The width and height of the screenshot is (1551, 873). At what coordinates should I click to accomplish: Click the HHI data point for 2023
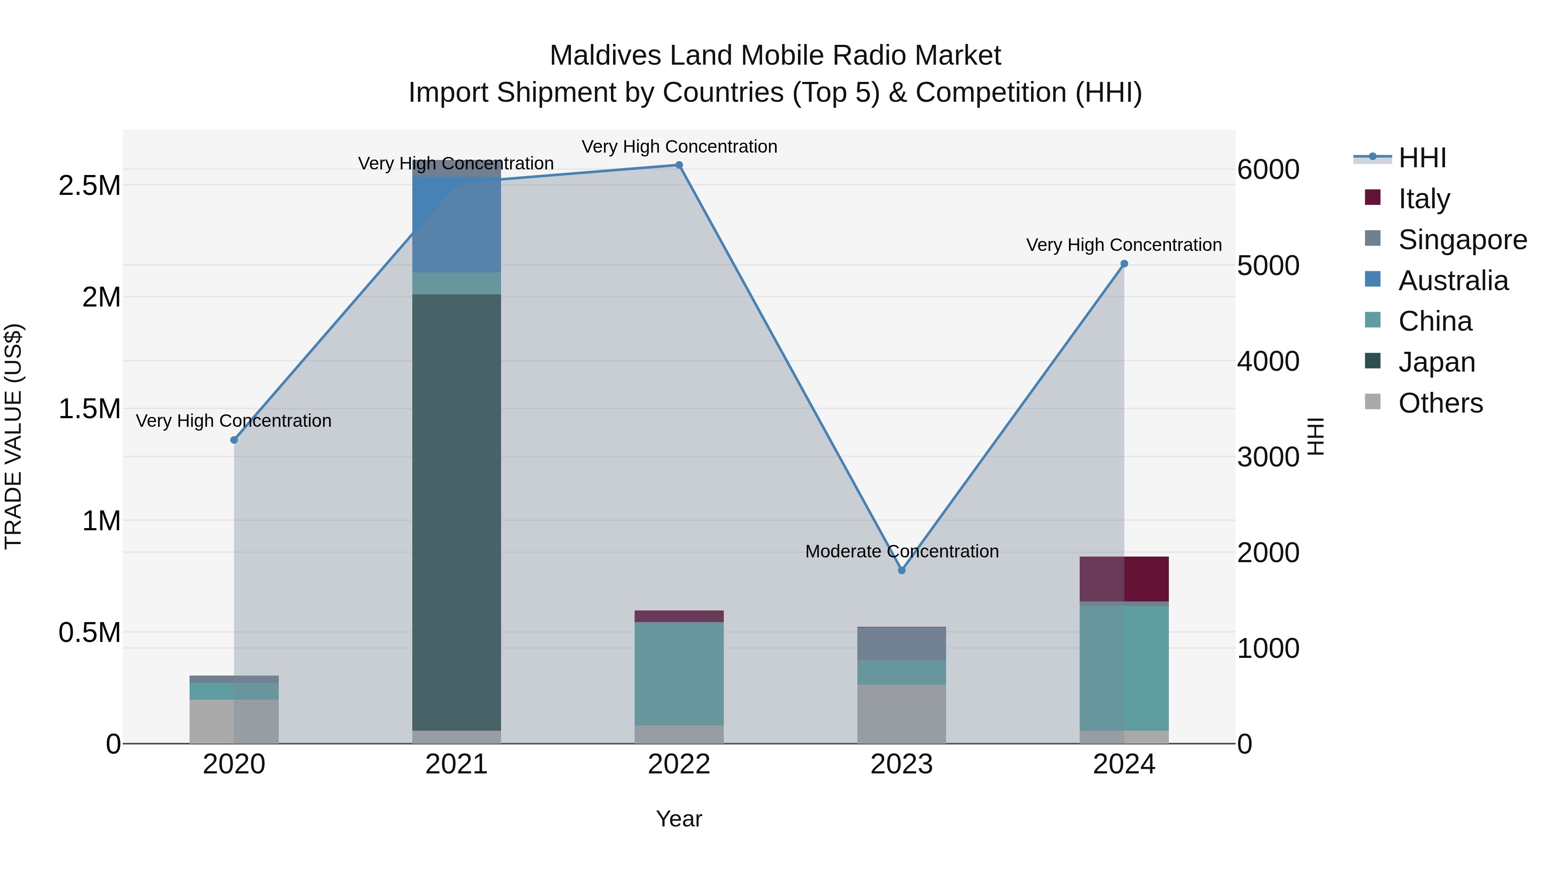pos(901,570)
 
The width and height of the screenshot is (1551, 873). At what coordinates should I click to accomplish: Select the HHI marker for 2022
pos(679,165)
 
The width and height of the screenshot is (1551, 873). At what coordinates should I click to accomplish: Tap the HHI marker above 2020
pos(234,440)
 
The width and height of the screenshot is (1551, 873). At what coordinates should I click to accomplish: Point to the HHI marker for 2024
pos(1124,264)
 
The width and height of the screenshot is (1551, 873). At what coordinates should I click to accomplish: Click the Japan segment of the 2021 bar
pos(456,512)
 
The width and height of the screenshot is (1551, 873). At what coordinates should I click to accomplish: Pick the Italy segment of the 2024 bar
pos(1124,579)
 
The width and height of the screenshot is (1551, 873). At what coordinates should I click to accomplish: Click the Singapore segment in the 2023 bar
pos(901,644)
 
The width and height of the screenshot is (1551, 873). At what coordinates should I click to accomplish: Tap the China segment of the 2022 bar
pos(679,673)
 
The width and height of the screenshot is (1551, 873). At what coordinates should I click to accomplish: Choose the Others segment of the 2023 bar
pos(901,713)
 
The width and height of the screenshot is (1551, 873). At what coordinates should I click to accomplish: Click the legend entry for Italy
pos(1423,198)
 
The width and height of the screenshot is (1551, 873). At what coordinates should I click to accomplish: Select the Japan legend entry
pos(1436,362)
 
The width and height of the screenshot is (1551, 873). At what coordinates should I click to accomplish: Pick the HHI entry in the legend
pos(1422,158)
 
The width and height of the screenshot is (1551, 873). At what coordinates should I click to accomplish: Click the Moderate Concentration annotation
pos(901,551)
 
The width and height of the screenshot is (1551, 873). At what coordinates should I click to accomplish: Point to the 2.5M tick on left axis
pos(89,185)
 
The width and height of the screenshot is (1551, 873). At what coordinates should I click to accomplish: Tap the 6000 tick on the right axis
pos(1268,169)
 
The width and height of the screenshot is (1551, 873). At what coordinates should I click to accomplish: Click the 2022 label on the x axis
pos(679,764)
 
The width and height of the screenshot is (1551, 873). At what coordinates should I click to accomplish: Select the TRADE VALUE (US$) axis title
pos(13,436)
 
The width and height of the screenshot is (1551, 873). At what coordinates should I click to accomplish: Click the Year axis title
pos(679,819)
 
